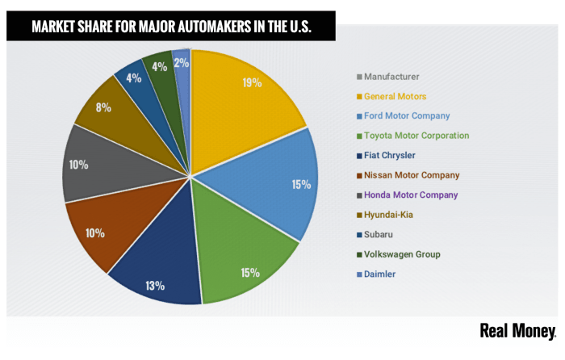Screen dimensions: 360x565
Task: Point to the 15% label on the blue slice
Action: [300, 184]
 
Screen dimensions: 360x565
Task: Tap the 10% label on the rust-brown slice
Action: [94, 233]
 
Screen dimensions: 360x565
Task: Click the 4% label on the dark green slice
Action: [159, 67]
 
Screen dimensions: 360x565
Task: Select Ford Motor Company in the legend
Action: [407, 115]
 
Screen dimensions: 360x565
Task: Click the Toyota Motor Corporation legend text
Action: [416, 136]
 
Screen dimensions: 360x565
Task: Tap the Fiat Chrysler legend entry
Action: [391, 155]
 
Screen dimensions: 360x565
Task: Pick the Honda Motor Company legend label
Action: [411, 195]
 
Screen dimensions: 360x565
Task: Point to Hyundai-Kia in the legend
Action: [390, 214]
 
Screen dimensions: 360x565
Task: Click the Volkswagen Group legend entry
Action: [402, 254]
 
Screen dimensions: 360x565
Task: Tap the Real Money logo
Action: [517, 332]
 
